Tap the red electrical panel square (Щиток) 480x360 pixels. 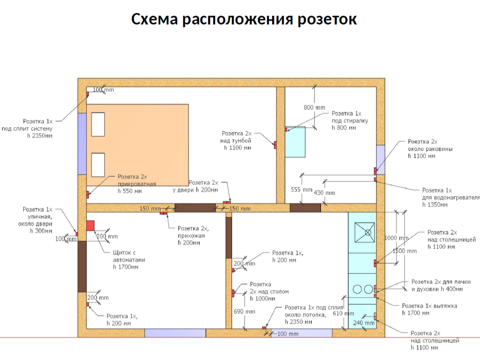coord(90,226)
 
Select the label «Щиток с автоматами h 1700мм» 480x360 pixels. coord(129,260)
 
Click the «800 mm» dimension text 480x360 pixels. coord(313,108)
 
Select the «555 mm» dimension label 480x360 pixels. coord(301,190)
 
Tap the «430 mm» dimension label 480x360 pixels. coord(324,193)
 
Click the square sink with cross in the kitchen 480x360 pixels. coord(365,232)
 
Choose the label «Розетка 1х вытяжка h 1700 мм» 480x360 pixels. coord(429,309)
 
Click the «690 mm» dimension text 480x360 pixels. coord(244,312)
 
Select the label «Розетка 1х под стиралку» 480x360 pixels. coord(350,120)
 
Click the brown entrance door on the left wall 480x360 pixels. coord(82,266)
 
